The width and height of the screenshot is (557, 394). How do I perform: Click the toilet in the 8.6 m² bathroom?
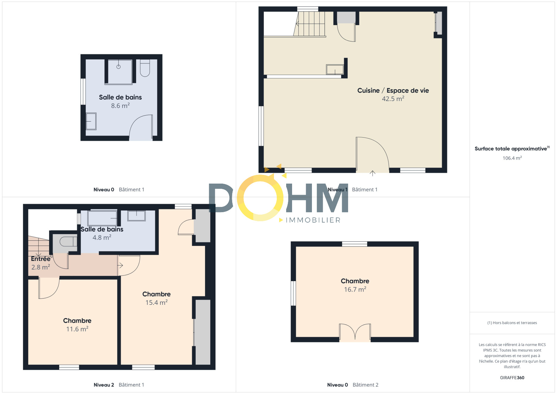(145, 68)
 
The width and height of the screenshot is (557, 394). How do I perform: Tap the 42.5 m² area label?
(393, 99)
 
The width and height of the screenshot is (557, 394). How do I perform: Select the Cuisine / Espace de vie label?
(393, 90)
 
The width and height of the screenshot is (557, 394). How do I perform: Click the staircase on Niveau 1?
(309, 24)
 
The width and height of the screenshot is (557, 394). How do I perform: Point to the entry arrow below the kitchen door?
(372, 173)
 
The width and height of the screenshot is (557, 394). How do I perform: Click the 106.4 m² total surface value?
(512, 158)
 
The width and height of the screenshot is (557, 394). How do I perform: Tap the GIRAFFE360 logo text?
(512, 378)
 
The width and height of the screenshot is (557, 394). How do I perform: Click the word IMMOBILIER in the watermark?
(313, 220)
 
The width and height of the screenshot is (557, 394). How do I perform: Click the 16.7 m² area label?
(355, 289)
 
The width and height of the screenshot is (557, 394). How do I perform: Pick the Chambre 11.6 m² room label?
(77, 325)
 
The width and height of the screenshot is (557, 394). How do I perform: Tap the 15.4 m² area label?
(156, 303)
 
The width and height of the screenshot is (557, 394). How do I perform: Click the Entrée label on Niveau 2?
(41, 259)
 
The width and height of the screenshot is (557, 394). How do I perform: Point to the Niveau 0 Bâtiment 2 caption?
(353, 385)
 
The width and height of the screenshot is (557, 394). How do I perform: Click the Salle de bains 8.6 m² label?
(120, 101)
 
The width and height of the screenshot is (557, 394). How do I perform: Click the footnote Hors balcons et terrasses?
(512, 323)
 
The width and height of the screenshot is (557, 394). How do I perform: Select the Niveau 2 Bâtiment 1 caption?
(119, 385)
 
